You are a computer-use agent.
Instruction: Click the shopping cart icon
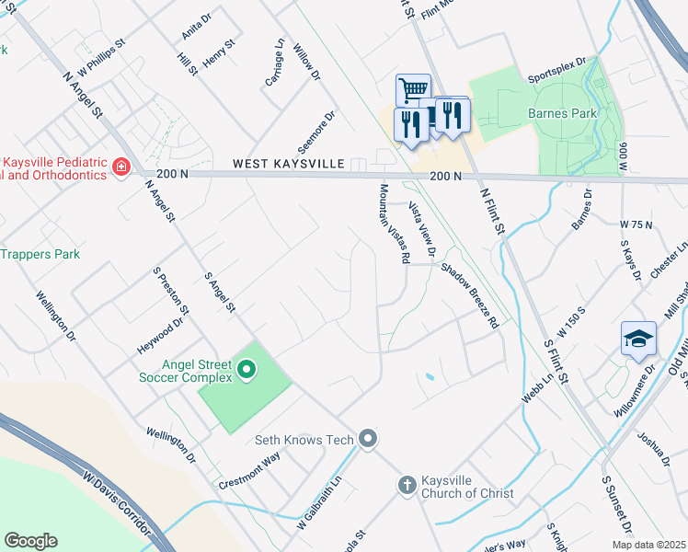tap(413, 90)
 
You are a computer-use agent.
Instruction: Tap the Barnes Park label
tap(562, 113)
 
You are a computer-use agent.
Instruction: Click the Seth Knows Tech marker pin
tap(368, 439)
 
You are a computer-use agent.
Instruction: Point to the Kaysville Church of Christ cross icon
tap(407, 484)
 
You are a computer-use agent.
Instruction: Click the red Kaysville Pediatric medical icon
tap(120, 167)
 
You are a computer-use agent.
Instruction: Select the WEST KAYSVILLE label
tap(288, 163)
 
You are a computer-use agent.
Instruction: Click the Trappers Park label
tap(40, 254)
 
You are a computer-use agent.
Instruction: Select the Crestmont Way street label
tap(248, 471)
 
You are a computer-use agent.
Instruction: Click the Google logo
tap(31, 541)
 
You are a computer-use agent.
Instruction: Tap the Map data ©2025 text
tap(648, 545)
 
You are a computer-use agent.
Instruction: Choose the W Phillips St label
tap(101, 58)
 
